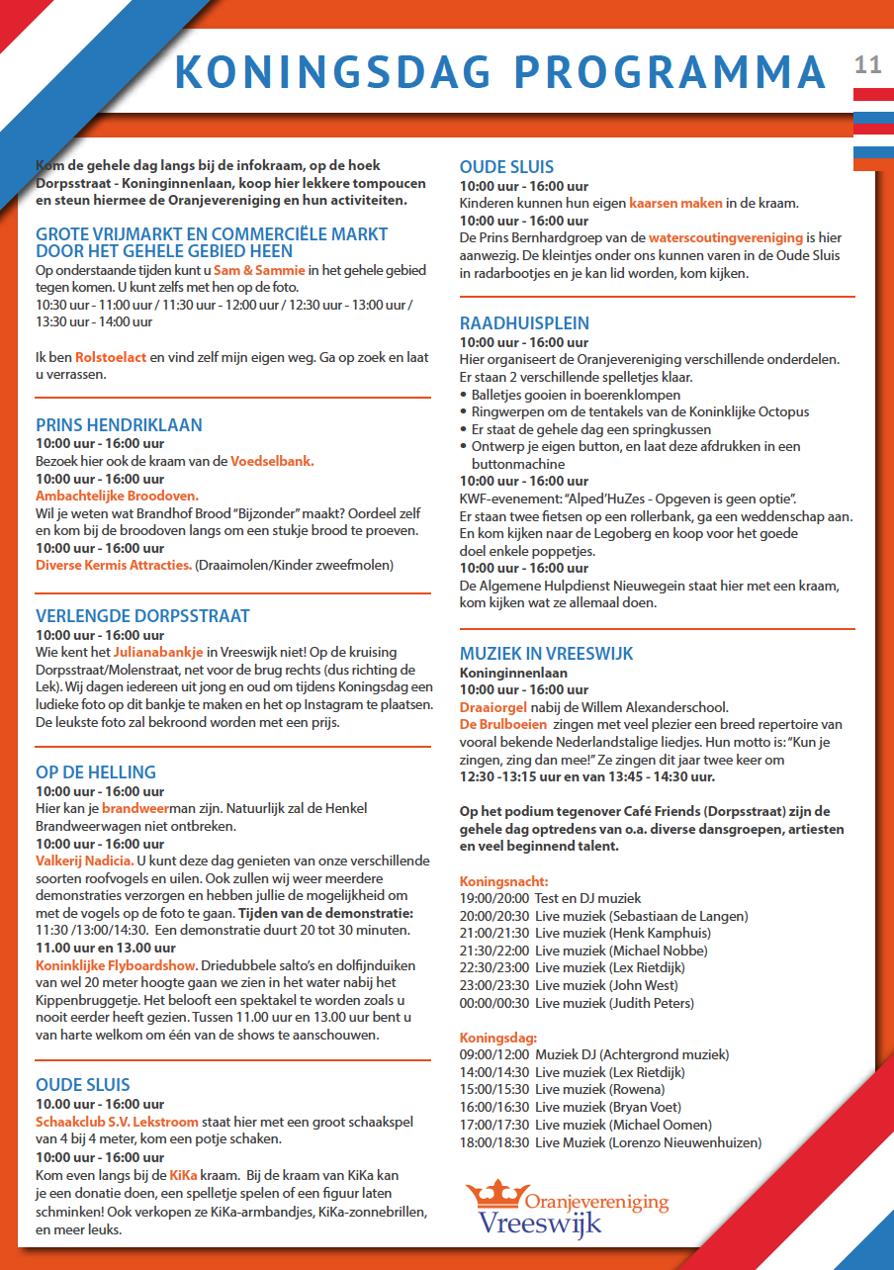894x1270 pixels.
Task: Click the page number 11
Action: coord(867,65)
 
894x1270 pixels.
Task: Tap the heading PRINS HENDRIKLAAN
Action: coord(119,425)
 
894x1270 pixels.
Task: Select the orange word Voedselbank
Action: coord(272,461)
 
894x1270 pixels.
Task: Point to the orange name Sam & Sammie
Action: coord(260,270)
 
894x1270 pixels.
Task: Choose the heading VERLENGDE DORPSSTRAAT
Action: coord(142,616)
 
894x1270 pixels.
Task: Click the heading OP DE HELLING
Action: coord(96,772)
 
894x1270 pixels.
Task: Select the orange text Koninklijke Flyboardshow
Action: coord(116,965)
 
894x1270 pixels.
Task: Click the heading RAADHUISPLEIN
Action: coord(524,323)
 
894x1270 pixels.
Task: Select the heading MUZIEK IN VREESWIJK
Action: coord(546,654)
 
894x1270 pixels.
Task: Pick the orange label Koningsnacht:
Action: coord(503,881)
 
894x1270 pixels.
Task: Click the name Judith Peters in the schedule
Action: coord(652,1003)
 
